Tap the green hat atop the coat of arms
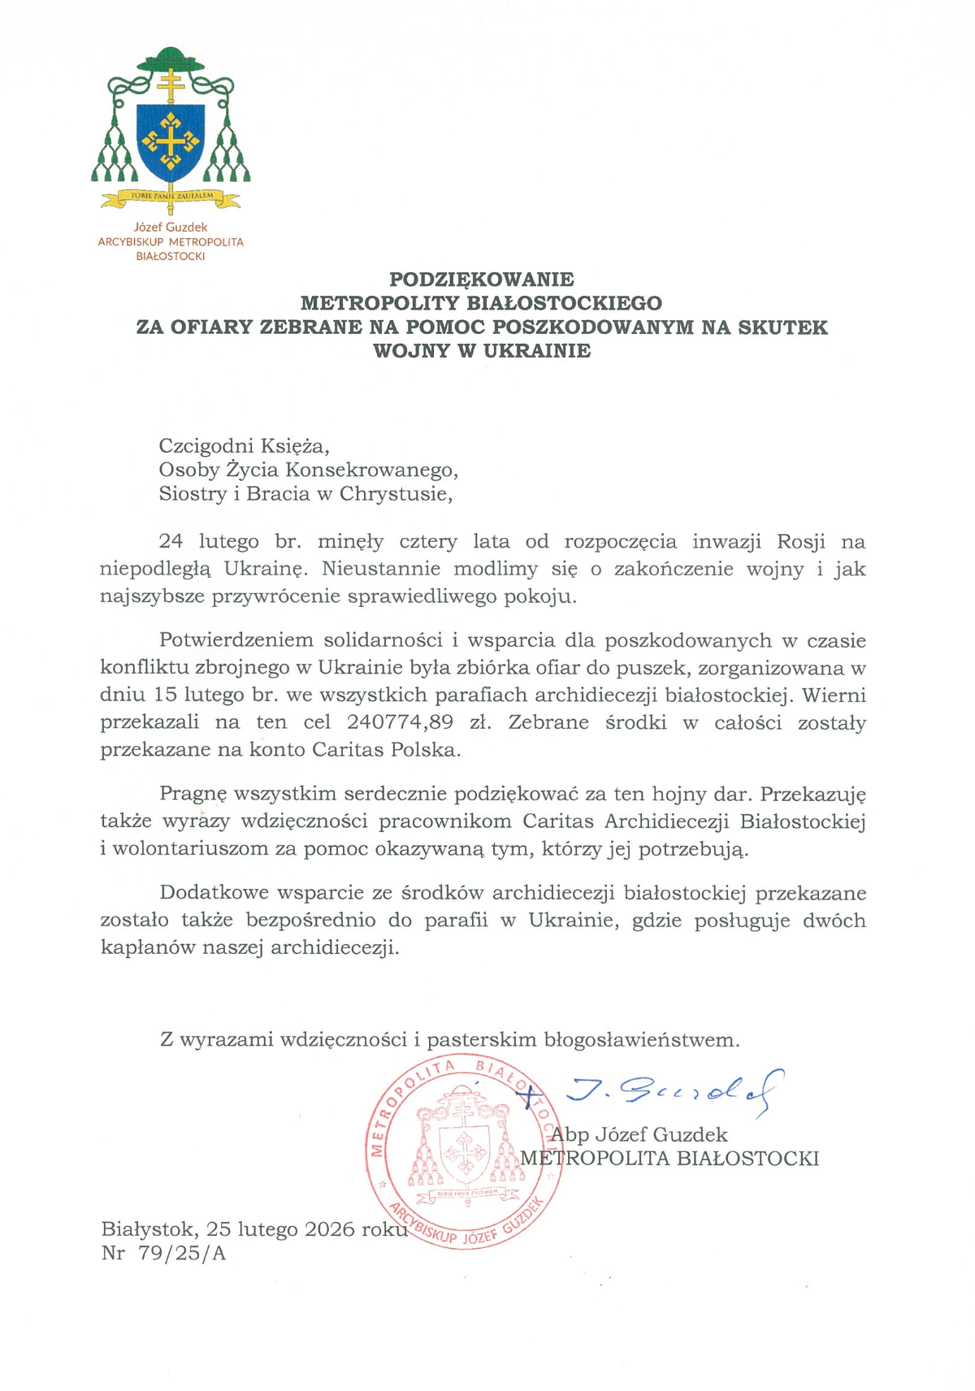coord(171,61)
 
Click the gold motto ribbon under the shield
coord(171,197)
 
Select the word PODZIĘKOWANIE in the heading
coord(481,279)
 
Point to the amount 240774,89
coord(400,722)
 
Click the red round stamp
coord(463,1153)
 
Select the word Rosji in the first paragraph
coord(801,541)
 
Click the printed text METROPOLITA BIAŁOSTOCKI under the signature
coord(669,1159)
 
